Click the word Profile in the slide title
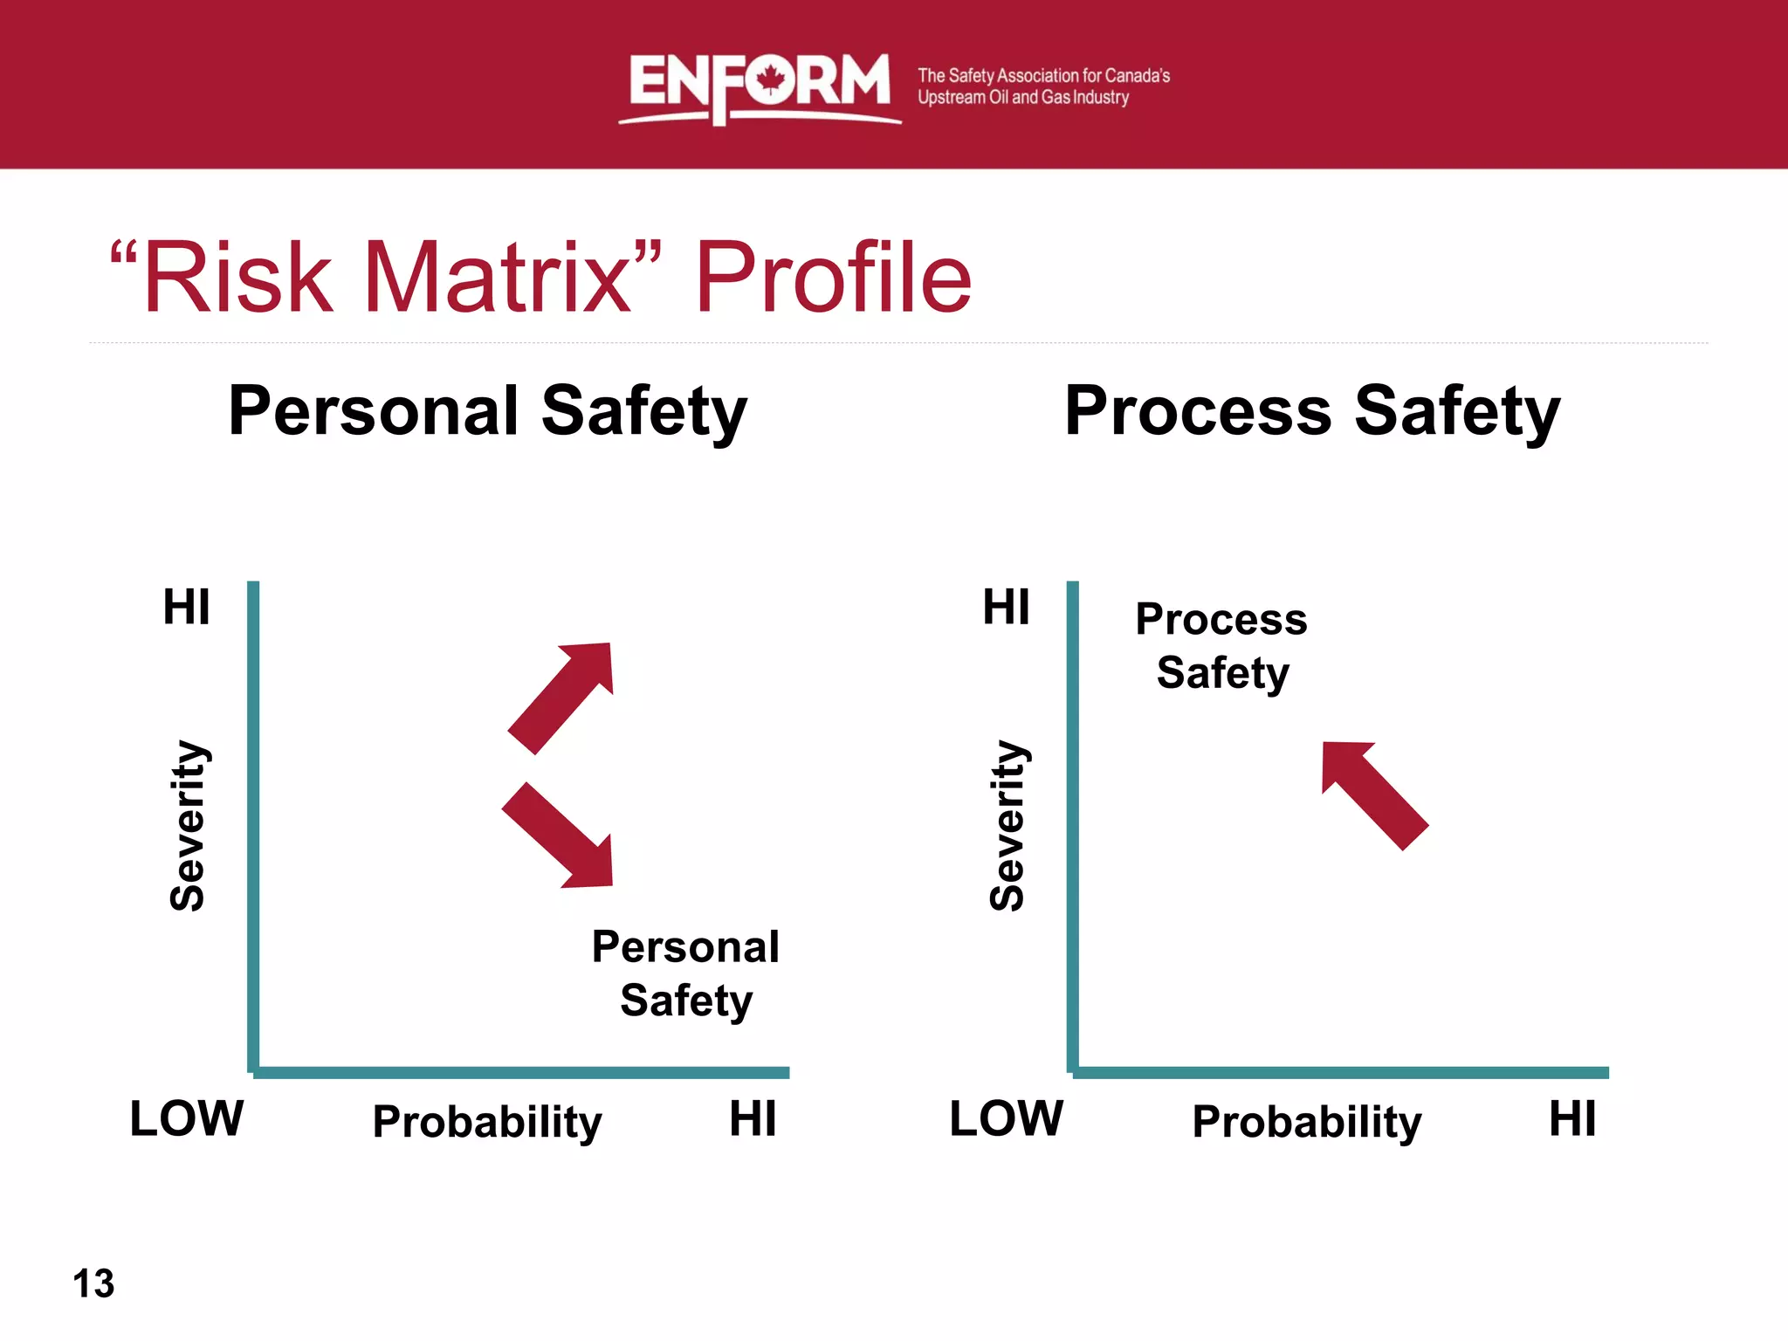coord(833,278)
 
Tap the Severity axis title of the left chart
coord(188,825)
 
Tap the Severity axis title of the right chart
coord(1007,825)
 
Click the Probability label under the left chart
coord(487,1121)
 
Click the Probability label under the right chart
coord(1307,1121)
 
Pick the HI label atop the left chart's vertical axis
coord(187,607)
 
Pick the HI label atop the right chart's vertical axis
coord(1006,607)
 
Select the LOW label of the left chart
coord(187,1118)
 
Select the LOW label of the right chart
coord(1006,1118)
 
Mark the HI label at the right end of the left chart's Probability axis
coord(753,1118)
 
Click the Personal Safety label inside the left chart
coord(686,973)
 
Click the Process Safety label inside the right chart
coord(1221,646)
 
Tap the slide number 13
coord(93,1283)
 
